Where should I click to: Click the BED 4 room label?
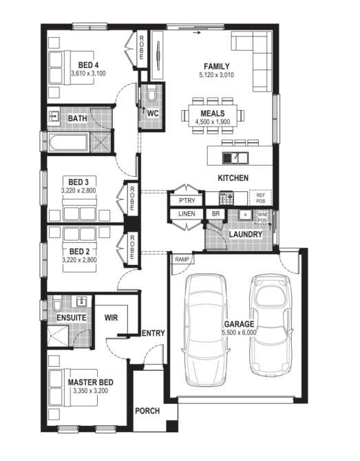click(88, 65)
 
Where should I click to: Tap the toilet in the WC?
click(151, 94)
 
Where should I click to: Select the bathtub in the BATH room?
click(68, 142)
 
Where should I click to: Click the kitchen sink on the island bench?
click(235, 158)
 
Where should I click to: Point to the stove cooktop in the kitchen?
click(226, 198)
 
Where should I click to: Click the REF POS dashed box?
click(261, 198)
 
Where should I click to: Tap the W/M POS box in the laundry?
click(262, 217)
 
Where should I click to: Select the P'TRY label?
click(187, 201)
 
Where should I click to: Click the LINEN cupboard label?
click(187, 214)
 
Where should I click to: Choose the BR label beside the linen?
click(215, 214)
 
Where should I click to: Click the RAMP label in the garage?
click(182, 259)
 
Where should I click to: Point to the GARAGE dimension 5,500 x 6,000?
click(239, 332)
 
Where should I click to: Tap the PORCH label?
click(147, 411)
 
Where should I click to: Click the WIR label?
click(112, 318)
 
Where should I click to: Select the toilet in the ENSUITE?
click(57, 304)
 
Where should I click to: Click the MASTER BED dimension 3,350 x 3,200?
click(91, 391)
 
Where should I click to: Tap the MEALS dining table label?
click(213, 114)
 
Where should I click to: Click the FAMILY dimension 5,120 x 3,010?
click(217, 75)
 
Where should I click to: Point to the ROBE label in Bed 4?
click(142, 47)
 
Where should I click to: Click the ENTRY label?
click(153, 333)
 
